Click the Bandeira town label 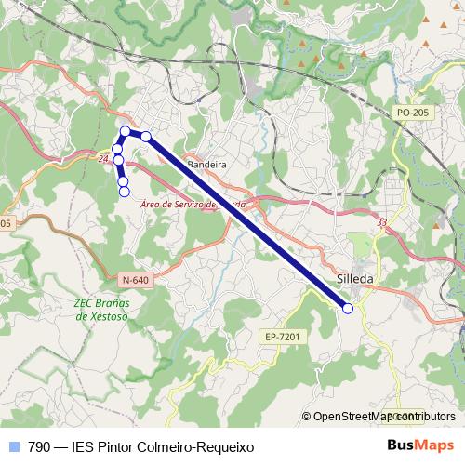(x=207, y=165)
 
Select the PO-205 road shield (x=412, y=112)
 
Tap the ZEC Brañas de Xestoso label (x=101, y=309)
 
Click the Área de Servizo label (x=193, y=204)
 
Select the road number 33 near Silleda (x=382, y=222)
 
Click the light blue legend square (x=13, y=447)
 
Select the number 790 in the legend (x=39, y=447)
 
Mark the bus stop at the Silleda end (x=347, y=308)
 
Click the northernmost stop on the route (x=125, y=131)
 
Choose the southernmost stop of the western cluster (x=124, y=192)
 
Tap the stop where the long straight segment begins (x=146, y=137)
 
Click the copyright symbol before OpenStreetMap (x=306, y=417)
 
